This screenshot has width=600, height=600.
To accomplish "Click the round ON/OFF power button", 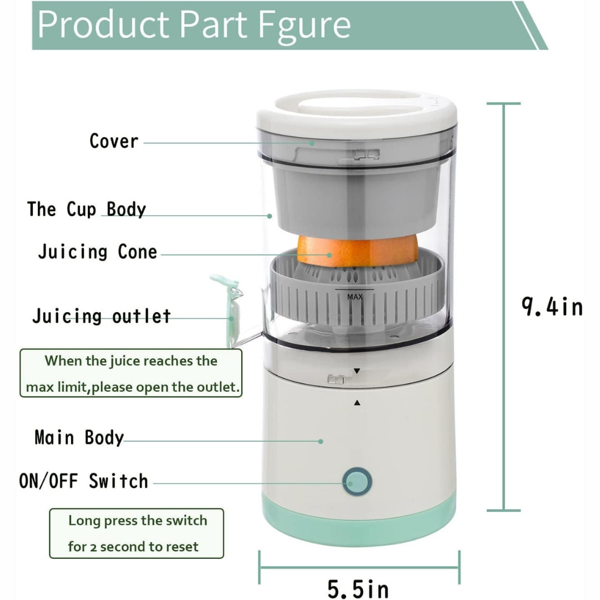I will [x=356, y=482].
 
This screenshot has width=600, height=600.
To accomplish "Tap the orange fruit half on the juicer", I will [x=357, y=249].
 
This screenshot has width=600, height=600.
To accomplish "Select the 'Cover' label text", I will [x=114, y=141].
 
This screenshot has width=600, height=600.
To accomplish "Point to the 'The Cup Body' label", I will [x=87, y=209].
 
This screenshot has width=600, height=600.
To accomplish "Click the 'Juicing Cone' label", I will [x=98, y=252].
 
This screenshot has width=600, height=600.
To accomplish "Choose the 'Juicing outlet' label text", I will [x=101, y=316].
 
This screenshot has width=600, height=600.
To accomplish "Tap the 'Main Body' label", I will [x=79, y=437].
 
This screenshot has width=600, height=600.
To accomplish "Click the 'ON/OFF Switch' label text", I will [x=84, y=481].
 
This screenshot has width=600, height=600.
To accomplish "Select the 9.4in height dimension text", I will [x=552, y=306].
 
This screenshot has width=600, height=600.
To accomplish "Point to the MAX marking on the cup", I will [x=354, y=297].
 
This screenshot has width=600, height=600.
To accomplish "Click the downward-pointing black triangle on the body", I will [x=357, y=371].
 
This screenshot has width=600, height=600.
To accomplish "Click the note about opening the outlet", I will [x=131, y=373].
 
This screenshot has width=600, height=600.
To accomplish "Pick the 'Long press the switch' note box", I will [x=137, y=533].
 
